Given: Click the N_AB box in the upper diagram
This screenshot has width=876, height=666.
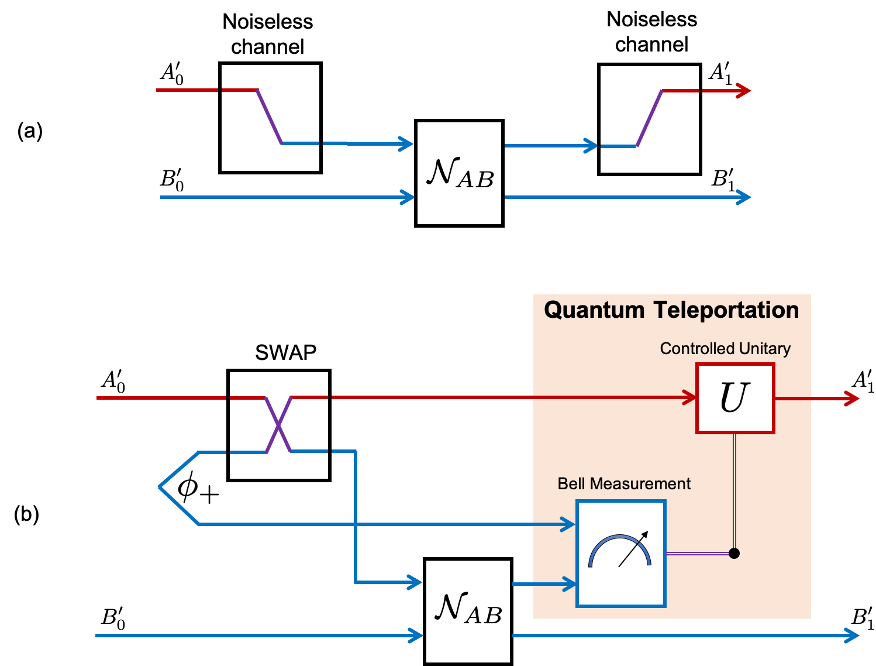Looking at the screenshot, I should [459, 173].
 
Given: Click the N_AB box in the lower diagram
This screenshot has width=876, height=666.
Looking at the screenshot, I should [468, 611].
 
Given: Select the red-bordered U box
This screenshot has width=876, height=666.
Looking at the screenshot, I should [735, 398].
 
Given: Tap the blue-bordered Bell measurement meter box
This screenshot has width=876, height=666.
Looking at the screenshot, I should [621, 554].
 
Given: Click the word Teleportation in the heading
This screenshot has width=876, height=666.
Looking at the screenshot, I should [726, 310].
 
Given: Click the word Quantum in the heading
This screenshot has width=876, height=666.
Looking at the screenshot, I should [594, 310].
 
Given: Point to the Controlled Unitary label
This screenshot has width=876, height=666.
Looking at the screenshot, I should [725, 349].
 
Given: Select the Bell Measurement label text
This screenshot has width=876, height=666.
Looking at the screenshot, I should [624, 484].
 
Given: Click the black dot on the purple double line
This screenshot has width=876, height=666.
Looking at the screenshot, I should [734, 553].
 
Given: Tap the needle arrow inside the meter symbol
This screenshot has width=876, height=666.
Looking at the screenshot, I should [634, 549].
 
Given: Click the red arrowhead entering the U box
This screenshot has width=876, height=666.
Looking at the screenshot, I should [690, 398].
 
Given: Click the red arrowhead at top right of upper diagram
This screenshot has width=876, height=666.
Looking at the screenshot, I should [744, 91].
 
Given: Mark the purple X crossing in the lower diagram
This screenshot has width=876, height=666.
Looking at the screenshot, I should [278, 425].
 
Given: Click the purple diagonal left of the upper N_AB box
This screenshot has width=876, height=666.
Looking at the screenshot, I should [270, 117].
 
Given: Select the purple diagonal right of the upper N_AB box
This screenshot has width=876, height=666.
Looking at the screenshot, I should [649, 118].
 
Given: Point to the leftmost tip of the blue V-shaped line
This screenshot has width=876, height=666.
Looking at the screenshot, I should [160, 487].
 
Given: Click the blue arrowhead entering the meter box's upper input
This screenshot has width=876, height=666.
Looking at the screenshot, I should [568, 524].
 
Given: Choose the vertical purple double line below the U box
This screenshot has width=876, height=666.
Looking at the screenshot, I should [734, 492].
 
